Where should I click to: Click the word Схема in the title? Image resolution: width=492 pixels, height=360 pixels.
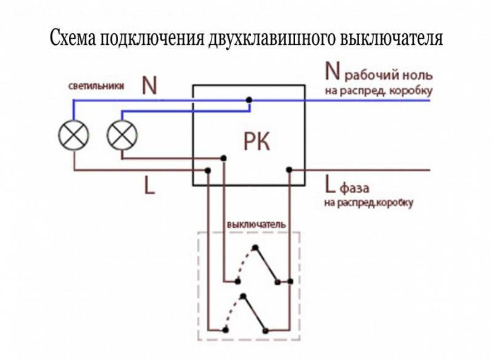click(73, 39)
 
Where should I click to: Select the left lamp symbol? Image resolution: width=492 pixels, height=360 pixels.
click(74, 135)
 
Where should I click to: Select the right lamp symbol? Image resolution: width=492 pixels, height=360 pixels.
click(122, 135)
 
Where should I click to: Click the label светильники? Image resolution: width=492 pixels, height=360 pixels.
click(96, 86)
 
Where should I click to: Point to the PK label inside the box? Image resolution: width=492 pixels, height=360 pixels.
click(256, 142)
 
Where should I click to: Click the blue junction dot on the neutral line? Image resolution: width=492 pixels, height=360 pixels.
click(249, 100)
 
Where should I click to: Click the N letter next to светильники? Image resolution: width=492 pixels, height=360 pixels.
click(149, 86)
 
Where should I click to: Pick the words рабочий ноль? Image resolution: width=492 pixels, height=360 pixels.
click(389, 76)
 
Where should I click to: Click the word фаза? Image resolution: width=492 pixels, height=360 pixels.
click(355, 188)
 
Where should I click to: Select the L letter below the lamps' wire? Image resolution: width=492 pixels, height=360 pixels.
click(149, 185)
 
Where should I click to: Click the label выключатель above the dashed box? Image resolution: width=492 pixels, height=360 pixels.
click(256, 225)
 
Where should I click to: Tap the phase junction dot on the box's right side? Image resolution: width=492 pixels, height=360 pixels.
click(289, 170)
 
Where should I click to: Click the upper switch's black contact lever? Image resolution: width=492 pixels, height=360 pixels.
click(266, 265)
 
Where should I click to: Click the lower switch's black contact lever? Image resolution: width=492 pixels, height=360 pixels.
click(254, 313)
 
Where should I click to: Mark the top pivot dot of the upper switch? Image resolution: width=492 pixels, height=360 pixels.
click(255, 247)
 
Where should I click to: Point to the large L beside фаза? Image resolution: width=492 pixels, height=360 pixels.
click(330, 185)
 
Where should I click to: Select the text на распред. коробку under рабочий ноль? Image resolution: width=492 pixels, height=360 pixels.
click(378, 91)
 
